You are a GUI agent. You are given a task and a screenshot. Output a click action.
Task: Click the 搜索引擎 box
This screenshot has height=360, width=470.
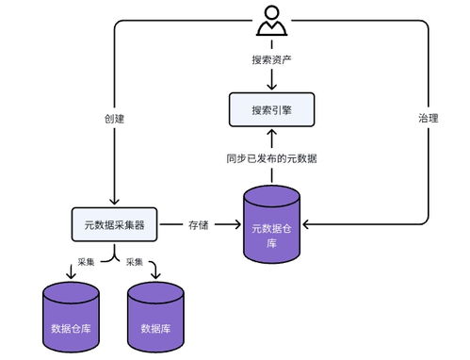pos(270,110)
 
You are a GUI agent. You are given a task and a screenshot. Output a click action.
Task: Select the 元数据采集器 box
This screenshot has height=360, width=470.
pos(114,224)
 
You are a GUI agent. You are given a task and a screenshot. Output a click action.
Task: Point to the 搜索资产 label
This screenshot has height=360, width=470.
pos(270,59)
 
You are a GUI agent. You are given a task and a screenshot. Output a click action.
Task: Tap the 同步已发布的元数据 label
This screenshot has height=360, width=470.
pos(271,157)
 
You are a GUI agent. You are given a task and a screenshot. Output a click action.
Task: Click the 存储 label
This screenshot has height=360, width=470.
pos(198,224)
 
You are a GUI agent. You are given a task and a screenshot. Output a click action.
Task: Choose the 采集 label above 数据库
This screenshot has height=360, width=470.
pos(135,261)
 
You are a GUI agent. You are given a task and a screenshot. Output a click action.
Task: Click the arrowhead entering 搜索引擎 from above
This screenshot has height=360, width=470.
pos(270,88)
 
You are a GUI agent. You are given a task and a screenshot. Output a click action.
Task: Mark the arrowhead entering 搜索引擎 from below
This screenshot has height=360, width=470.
pos(270,132)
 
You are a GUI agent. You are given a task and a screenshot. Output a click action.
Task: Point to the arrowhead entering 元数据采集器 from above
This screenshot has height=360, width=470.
pos(114,202)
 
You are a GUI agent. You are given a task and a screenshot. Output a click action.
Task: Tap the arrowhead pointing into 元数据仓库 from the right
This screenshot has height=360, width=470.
pos(305,224)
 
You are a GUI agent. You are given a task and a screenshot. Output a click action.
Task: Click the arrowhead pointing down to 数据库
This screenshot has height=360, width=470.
pos(155,276)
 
